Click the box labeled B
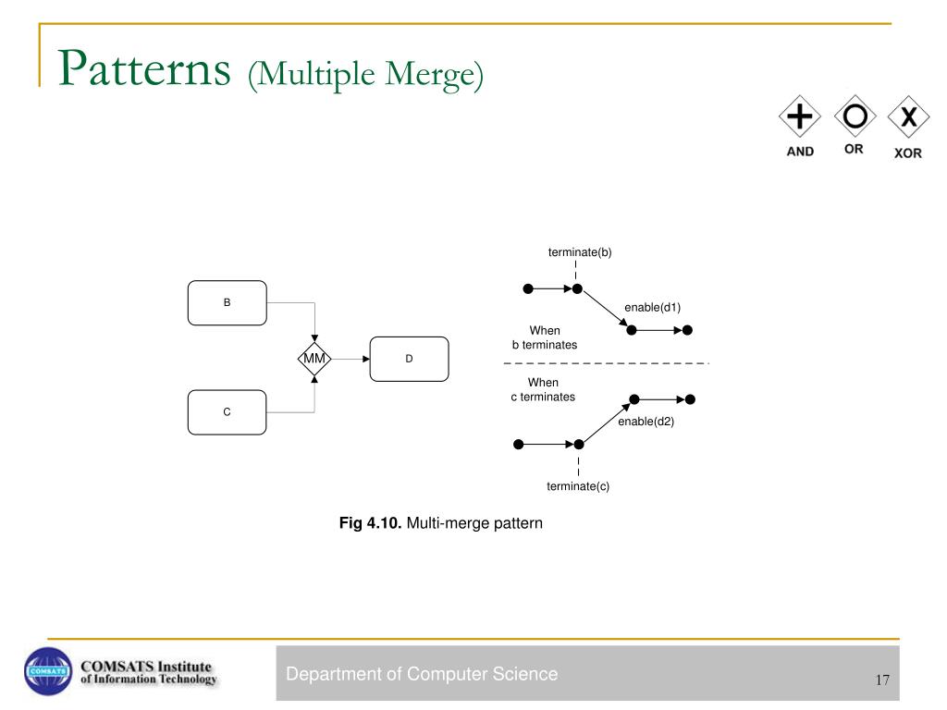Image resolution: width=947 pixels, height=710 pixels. (x=227, y=303)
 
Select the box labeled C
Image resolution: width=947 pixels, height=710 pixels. (x=227, y=412)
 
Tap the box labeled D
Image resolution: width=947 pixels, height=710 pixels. (x=409, y=359)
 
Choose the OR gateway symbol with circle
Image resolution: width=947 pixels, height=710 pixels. (x=855, y=116)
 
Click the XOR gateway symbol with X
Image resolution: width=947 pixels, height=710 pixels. (x=908, y=117)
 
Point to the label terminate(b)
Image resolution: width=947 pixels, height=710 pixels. (x=580, y=251)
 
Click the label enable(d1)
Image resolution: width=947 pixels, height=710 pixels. (x=652, y=307)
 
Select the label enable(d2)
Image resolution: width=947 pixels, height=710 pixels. (x=646, y=422)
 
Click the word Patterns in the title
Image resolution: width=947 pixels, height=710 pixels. (x=143, y=70)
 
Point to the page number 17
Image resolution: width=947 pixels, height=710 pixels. (x=881, y=680)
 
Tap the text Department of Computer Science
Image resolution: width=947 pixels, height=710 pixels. (x=422, y=674)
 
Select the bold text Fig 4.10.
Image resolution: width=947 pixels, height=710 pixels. (x=371, y=523)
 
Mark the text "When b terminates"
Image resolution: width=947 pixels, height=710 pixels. (x=545, y=337)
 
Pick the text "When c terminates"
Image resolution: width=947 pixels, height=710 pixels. (x=543, y=389)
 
